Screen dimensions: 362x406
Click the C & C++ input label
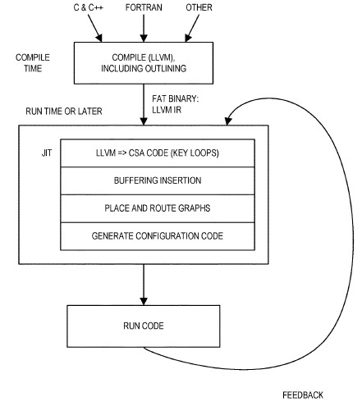click(88, 7)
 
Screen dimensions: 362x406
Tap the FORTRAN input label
click(144, 7)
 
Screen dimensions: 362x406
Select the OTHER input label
click(199, 7)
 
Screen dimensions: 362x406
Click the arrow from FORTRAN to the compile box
click(144, 28)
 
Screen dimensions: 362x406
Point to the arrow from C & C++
click(95, 28)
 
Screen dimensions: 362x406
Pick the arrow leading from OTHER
click(192, 28)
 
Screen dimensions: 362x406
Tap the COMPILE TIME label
click(33, 63)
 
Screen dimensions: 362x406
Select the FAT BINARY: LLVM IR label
click(176, 104)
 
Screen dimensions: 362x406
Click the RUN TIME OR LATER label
click(64, 112)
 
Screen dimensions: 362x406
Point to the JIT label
click(47, 153)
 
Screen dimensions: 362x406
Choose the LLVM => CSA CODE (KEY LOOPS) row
click(158, 153)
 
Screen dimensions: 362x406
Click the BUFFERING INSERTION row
click(158, 180)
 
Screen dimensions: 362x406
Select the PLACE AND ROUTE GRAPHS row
click(158, 208)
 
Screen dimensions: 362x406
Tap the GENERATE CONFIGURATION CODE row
click(158, 236)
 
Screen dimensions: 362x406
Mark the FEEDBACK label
click(303, 395)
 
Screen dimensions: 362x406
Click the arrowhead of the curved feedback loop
click(228, 121)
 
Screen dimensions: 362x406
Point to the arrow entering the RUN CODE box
click(144, 285)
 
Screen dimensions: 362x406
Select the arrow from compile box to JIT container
click(144, 104)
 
